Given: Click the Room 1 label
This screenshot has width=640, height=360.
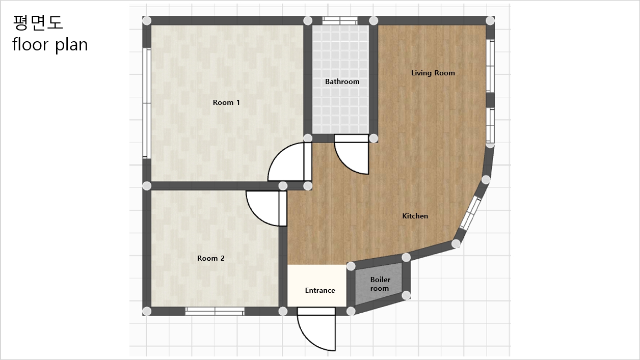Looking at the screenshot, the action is coord(226,102).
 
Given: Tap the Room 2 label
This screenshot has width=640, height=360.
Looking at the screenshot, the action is coord(211,258).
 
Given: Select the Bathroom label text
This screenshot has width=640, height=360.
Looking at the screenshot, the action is coord(342,81).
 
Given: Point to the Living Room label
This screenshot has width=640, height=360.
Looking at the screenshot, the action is coord(433,73).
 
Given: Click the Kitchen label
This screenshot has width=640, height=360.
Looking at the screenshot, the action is coord(415,216).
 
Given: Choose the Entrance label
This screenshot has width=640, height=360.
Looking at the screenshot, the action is coord(320,290).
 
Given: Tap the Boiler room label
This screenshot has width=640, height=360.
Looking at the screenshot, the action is coord(380,284).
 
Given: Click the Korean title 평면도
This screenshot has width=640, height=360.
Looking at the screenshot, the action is coord(37,22).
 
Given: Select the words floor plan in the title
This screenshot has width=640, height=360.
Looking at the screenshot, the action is coord(50,45).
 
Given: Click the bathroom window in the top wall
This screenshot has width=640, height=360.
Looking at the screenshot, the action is coord(340,20).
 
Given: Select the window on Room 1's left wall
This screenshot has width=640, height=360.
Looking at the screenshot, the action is coord(147,103).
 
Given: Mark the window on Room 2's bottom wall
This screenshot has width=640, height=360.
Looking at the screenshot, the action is coord(215,311).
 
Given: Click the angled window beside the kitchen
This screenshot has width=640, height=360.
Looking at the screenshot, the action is coord(470,213).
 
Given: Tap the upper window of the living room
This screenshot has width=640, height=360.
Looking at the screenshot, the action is coord(490,66).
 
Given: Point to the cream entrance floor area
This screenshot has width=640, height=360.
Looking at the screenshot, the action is coord(316,286).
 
